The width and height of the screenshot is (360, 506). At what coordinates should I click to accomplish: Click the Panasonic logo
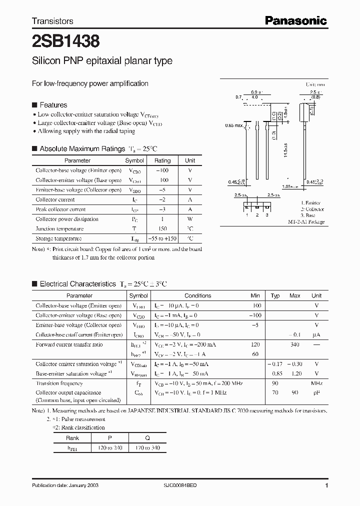click(x=296, y=21)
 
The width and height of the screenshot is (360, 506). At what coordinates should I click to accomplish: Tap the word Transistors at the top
click(x=52, y=21)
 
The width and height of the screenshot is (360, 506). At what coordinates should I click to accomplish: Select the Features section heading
click(x=53, y=105)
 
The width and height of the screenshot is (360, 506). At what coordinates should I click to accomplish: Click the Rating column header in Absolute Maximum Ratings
click(x=162, y=160)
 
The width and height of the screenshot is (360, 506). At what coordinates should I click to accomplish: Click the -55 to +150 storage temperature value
click(x=162, y=238)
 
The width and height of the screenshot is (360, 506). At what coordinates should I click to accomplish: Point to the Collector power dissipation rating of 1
click(x=162, y=219)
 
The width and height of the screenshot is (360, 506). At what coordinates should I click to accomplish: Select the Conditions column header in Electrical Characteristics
click(x=198, y=295)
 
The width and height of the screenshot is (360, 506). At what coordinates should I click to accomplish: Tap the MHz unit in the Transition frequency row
click(x=316, y=383)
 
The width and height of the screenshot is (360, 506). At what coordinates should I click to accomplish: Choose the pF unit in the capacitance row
click(x=316, y=393)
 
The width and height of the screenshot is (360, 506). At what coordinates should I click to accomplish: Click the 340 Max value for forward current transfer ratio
click(x=295, y=344)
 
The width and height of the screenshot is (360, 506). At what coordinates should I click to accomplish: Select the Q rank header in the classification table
click(x=147, y=437)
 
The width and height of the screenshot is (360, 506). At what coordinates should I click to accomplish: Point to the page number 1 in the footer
click(x=326, y=485)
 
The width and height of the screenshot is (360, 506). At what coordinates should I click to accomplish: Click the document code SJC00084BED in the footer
click(x=180, y=485)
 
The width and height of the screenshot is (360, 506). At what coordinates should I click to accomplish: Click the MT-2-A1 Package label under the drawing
click(x=306, y=221)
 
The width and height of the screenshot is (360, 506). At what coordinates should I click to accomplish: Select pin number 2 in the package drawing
click(x=256, y=214)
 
